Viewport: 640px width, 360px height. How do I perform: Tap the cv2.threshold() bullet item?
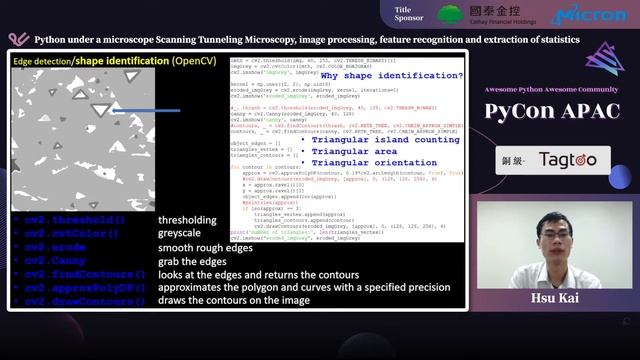pyautogui.click(x=75, y=220)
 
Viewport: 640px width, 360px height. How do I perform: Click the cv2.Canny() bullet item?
pyautogui.click(x=66, y=260)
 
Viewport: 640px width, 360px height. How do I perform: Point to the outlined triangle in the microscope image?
pyautogui.click(x=98, y=108)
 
